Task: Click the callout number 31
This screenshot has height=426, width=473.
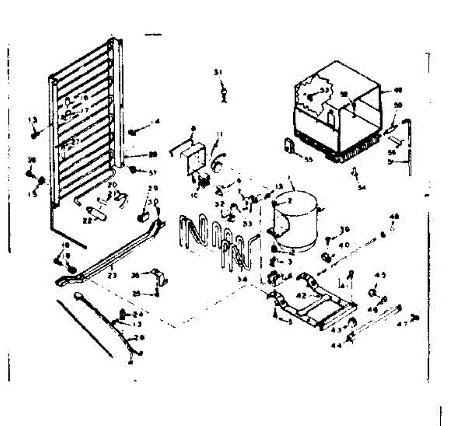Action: pos(218,72)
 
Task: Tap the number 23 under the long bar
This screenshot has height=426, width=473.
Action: pos(112,276)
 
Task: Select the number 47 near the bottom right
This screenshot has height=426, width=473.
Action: pos(402,324)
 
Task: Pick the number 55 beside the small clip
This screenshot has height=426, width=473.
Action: pos(304,158)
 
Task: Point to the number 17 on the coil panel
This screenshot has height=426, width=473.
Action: pos(84,111)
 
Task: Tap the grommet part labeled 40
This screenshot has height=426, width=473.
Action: pos(326,257)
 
